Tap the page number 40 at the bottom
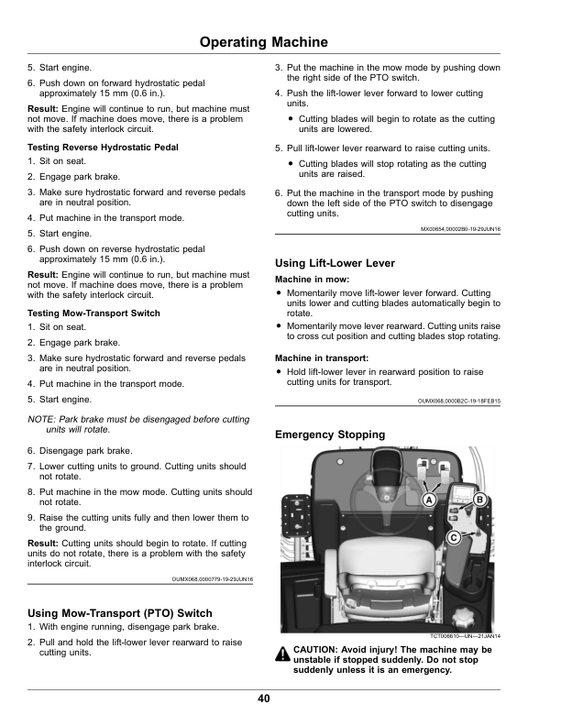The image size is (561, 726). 264,699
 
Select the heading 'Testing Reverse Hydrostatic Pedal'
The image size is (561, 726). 103,148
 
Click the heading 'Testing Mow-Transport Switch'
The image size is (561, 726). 94,313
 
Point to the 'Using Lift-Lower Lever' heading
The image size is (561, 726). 335,263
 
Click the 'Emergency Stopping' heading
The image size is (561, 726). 330,434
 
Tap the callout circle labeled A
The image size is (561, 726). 428,500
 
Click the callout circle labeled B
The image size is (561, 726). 478,498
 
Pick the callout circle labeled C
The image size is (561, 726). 453,537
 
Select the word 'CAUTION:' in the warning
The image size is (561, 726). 317,650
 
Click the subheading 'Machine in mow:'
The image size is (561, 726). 313,279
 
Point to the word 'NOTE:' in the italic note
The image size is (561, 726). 42,419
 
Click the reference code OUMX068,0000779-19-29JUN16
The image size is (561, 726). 212,579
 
